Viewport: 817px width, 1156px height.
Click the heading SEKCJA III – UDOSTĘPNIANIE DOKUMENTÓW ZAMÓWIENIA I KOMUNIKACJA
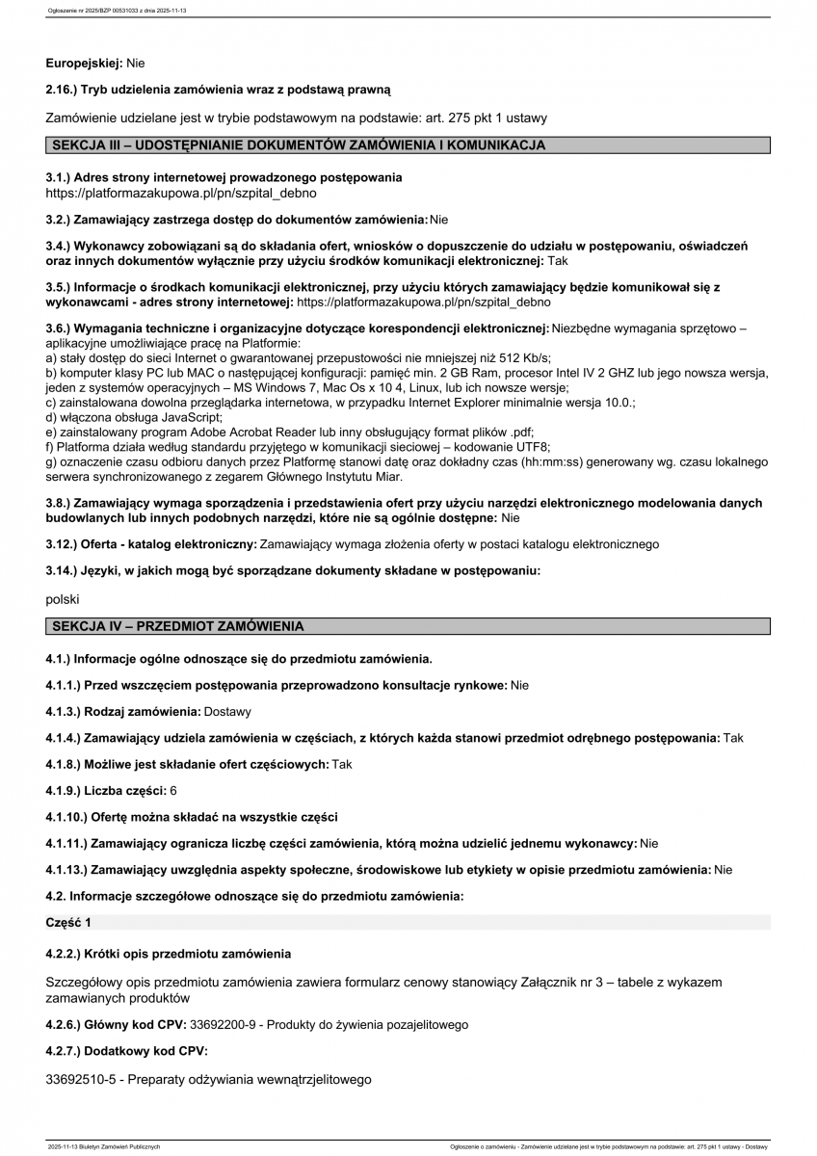coord(299,145)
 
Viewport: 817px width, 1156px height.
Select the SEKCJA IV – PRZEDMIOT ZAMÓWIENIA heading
coord(178,626)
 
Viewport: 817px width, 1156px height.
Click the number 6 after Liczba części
coord(173,790)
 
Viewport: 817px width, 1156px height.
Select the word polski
coord(63,599)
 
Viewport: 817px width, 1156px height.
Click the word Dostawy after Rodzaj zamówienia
coord(227,712)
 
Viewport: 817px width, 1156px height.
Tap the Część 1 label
coord(68,923)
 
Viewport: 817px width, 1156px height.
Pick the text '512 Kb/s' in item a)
coord(523,356)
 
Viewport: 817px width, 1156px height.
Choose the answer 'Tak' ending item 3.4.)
coord(558,260)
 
